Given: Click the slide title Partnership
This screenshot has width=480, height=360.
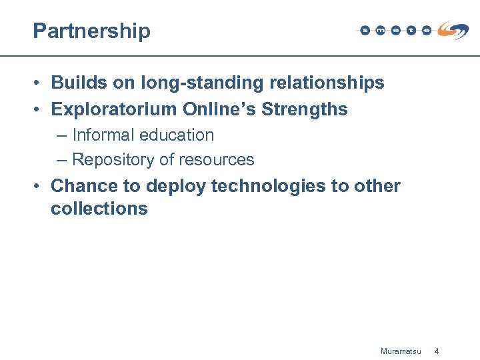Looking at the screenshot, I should click(x=92, y=31).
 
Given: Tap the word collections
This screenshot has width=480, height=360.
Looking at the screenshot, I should click(x=99, y=209).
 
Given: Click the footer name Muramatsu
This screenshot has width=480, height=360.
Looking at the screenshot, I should click(x=401, y=351).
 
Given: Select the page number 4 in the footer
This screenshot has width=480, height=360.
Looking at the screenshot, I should click(x=437, y=351).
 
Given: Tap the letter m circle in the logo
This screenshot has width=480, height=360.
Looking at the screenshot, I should click(x=380, y=31).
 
